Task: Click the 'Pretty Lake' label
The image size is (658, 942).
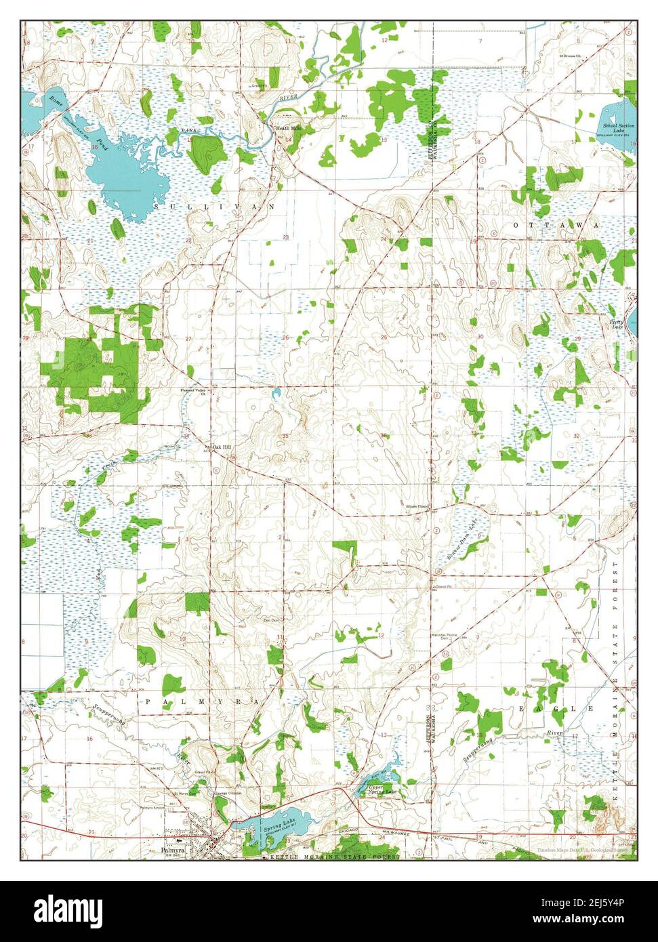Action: coord(616,324)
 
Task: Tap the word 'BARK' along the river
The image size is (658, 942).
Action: coord(188,129)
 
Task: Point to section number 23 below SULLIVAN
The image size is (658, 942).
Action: coord(286,237)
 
